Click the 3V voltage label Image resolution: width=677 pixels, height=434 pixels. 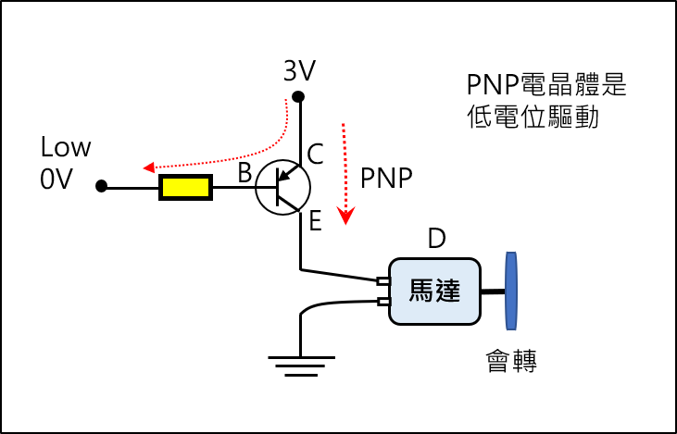(x=299, y=70)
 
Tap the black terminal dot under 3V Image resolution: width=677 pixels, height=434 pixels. (x=298, y=96)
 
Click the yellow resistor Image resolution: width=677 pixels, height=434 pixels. (x=185, y=187)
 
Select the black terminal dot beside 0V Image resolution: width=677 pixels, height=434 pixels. (x=102, y=186)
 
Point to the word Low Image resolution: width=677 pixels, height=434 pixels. (x=66, y=147)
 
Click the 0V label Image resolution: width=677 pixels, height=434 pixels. (x=56, y=179)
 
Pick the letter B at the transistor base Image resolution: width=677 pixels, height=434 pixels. (x=244, y=173)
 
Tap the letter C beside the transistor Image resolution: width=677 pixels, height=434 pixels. (x=315, y=154)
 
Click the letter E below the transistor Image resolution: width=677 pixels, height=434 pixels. (x=315, y=221)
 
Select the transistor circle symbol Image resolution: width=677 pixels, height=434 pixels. (x=282, y=188)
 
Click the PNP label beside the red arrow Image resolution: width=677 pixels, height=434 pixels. (x=386, y=179)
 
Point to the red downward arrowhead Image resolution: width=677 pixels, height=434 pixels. (x=345, y=216)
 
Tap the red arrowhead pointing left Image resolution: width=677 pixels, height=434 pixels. (x=149, y=167)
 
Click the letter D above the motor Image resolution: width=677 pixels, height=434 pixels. (x=436, y=238)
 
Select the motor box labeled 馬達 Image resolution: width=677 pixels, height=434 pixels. (x=434, y=291)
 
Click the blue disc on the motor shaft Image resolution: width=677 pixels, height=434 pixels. (x=511, y=291)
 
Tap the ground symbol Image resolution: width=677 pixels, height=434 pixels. (x=301, y=366)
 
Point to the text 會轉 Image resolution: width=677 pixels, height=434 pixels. (x=511, y=361)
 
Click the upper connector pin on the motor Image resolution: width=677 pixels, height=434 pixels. (x=383, y=281)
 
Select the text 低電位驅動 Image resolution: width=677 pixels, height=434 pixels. (x=533, y=117)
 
